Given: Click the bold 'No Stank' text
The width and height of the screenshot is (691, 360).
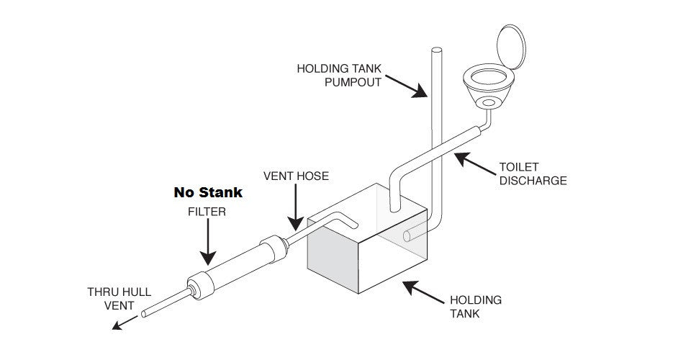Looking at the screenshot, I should point(208,193).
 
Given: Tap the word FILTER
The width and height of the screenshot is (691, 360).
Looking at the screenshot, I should point(207,212).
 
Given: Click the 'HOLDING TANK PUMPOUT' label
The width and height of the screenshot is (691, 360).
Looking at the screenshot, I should point(339,75).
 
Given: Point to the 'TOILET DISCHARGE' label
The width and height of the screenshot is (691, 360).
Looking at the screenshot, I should point(533,174).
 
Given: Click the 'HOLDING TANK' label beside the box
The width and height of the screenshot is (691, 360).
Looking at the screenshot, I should point(475,306).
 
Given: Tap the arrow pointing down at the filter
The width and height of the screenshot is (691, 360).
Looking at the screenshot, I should point(207,241).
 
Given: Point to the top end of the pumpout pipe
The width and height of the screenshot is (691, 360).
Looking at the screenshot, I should point(436,50).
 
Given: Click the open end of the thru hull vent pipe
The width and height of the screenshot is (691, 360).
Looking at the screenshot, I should point(145,314).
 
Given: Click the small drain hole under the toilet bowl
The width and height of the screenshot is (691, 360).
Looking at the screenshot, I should point(489,104).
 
